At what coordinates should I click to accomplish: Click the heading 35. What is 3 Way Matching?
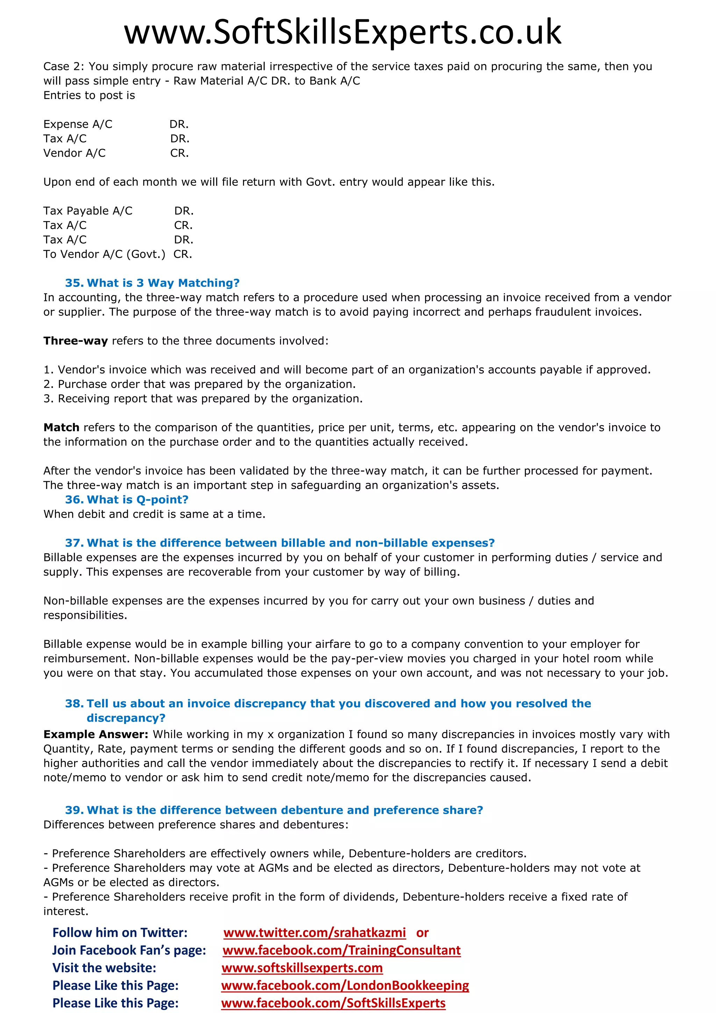tap(152, 283)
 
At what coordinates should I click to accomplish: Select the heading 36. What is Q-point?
tap(127, 500)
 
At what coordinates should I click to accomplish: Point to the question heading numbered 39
tap(274, 810)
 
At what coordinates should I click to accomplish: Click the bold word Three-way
tap(76, 341)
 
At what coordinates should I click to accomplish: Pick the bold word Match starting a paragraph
tap(61, 427)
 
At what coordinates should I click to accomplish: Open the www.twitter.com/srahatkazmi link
tap(314, 933)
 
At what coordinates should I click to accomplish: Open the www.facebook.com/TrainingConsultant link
tap(342, 950)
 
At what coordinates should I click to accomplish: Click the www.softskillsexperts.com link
tap(302, 968)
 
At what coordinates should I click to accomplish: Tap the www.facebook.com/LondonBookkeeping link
tap(345, 986)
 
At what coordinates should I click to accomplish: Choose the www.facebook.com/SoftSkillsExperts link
tap(333, 1003)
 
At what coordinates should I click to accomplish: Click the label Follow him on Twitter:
tap(120, 933)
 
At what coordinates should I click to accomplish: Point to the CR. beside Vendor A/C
tap(179, 153)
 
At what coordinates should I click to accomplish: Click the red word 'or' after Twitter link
tap(422, 933)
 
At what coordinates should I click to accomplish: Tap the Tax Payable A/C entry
tap(88, 211)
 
